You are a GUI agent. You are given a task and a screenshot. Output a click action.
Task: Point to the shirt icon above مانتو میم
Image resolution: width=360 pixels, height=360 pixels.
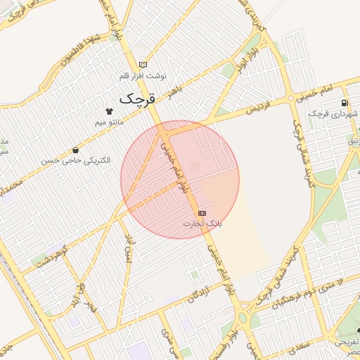[x=109, y=111]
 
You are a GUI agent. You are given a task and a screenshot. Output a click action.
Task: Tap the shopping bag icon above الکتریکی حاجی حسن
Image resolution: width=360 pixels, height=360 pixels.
[x=75, y=150]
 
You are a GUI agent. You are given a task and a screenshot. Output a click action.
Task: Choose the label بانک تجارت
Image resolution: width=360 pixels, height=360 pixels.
[x=202, y=224]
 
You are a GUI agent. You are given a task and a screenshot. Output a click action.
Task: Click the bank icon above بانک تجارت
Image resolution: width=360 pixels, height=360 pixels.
[x=202, y=212]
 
